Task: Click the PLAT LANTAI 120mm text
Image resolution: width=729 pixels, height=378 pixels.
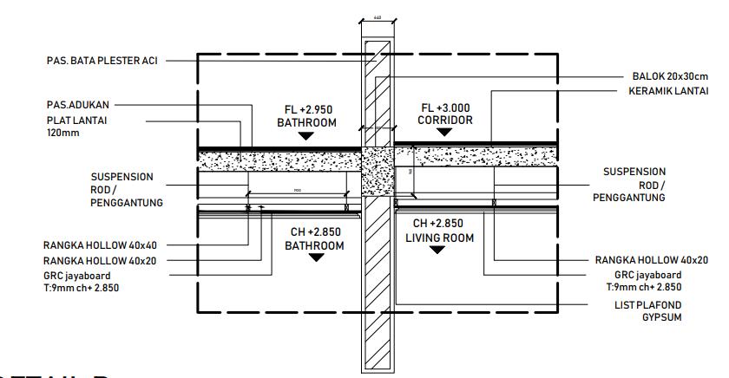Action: [73, 126]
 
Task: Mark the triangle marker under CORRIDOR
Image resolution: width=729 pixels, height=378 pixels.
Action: [446, 133]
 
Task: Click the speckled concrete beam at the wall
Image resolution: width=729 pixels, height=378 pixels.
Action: [377, 172]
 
